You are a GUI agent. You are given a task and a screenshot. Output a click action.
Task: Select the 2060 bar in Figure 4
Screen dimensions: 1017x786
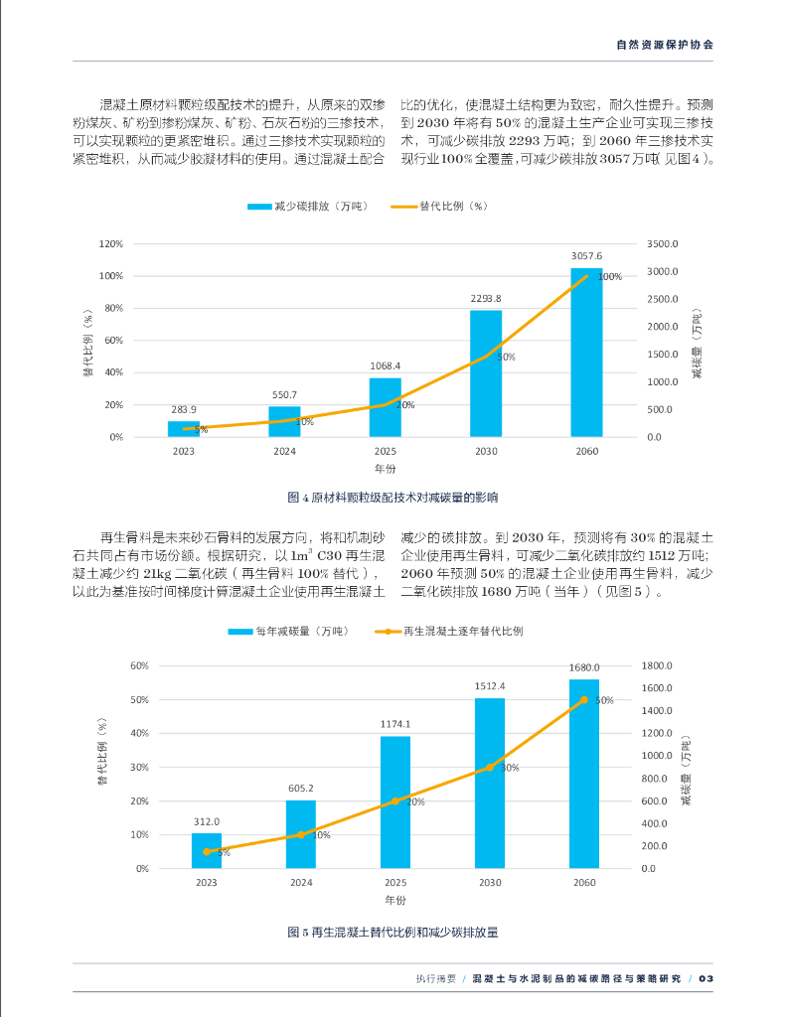click(586, 353)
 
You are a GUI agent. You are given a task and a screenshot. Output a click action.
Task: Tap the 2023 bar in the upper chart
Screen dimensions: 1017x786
click(183, 429)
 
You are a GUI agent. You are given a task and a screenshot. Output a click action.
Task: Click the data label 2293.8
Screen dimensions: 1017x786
click(485, 298)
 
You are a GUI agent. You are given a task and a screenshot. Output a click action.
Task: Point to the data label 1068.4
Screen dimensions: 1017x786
click(385, 365)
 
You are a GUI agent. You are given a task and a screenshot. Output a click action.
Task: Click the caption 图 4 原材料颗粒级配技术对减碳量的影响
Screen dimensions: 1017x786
click(393, 497)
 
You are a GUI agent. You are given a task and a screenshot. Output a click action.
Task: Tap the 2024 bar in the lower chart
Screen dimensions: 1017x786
click(301, 834)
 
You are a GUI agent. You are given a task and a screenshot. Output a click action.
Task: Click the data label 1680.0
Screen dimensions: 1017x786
click(583, 667)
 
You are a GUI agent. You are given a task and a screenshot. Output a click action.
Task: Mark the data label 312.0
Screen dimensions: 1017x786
click(207, 821)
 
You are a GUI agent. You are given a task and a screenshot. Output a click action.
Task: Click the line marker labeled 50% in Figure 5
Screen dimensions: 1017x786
click(583, 700)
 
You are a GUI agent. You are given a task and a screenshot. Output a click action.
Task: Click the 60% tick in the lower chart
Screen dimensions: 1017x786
click(139, 666)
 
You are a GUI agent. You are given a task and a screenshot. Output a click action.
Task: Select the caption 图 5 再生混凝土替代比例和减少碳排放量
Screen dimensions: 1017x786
click(393, 933)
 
